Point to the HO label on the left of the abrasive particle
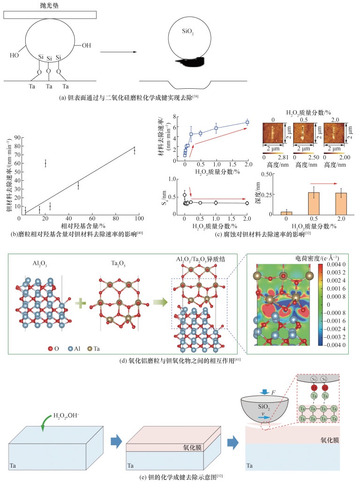click(15, 55)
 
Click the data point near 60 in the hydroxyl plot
click(45, 163)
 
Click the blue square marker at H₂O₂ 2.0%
click(247, 122)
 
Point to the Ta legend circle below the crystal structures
click(90, 348)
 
